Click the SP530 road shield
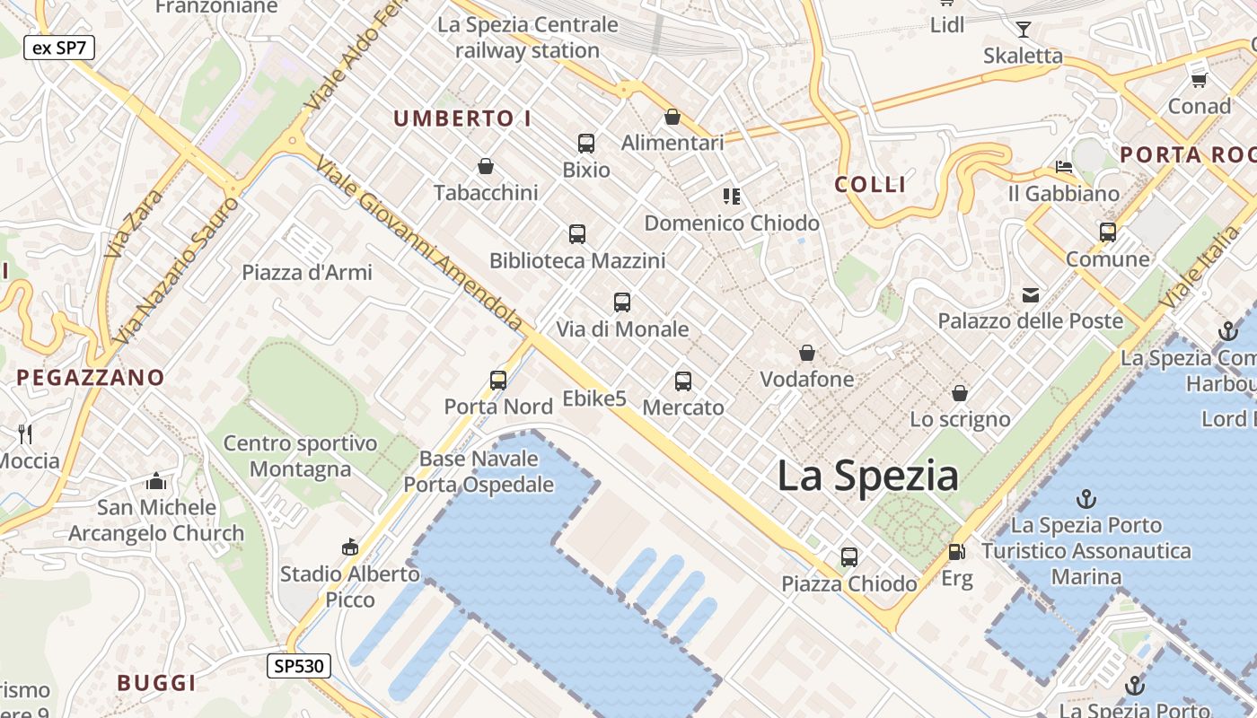coord(299,666)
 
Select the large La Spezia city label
coord(867,475)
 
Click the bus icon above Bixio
coord(585,144)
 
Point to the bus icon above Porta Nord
coord(498,381)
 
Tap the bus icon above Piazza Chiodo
coord(848,557)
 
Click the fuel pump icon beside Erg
coord(956,552)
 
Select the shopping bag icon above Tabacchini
coord(486,166)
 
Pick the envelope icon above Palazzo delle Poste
coord(1030,295)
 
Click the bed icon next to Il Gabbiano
coord(1064,167)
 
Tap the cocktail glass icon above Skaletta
coord(1023,30)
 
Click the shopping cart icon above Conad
coord(1199,80)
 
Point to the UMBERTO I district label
coord(462,118)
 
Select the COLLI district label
coord(870,185)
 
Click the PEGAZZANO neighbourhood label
coord(91,378)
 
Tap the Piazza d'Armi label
coord(307,272)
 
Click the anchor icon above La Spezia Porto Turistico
coord(1086,498)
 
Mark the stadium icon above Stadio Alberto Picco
coord(350,547)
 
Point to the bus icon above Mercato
coord(683,381)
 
